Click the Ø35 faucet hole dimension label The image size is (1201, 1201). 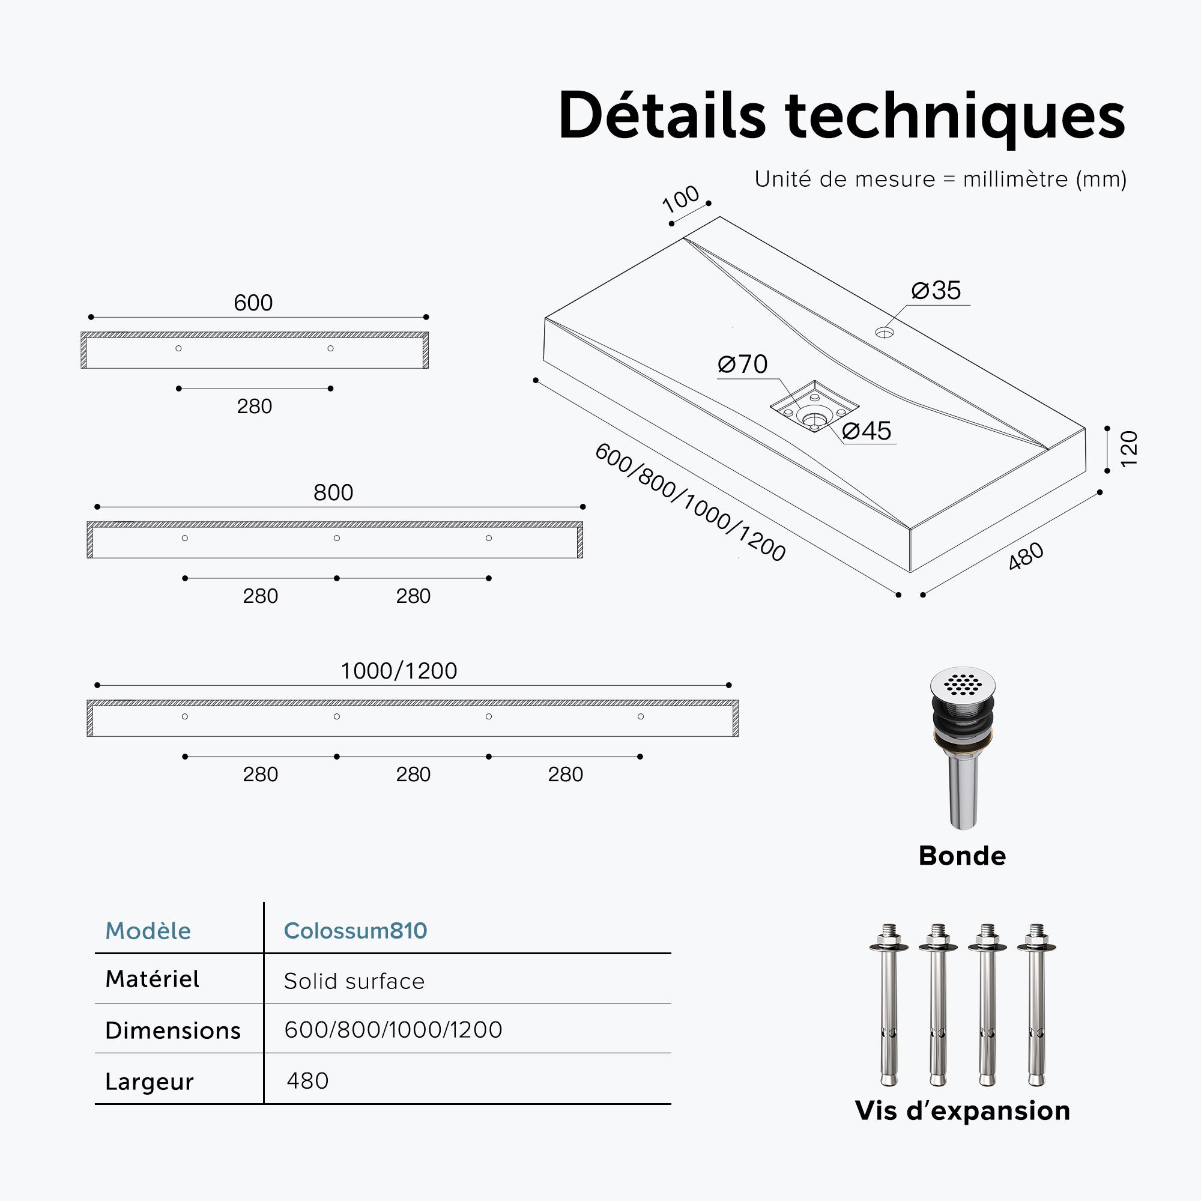pyautogui.click(x=936, y=290)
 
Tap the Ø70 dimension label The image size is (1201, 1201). pyautogui.click(x=742, y=365)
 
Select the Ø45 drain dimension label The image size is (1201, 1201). pyautogui.click(x=867, y=431)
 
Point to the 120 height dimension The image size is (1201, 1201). pyautogui.click(x=1128, y=448)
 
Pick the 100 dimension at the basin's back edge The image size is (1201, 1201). pyautogui.click(x=681, y=199)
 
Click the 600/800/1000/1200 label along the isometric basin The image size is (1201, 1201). pyautogui.click(x=690, y=502)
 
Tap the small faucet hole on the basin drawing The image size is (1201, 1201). pyautogui.click(x=884, y=333)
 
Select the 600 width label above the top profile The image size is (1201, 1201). pyautogui.click(x=253, y=303)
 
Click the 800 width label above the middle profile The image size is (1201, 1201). pyautogui.click(x=333, y=493)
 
